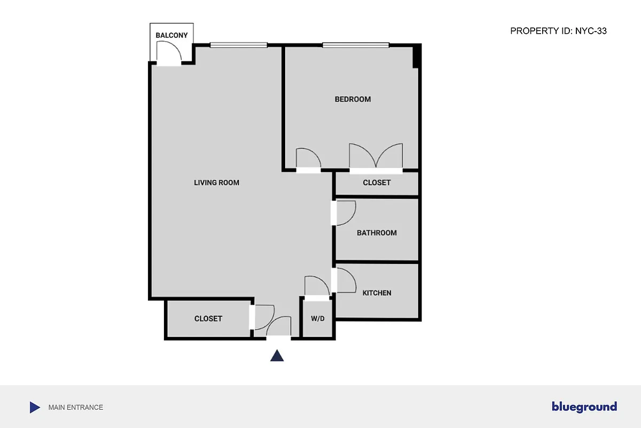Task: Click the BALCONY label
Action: coord(171,35)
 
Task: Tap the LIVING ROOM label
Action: coord(216,183)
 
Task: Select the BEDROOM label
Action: coord(353,99)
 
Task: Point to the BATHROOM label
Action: coord(377,233)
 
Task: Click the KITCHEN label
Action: coord(377,293)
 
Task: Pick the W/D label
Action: coord(318,319)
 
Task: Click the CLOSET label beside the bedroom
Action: coord(377,182)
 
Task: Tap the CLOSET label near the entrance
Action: coord(208,318)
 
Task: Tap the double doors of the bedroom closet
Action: coord(376,156)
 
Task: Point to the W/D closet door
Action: coord(315,286)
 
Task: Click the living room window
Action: coord(238,45)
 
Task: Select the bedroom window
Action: coord(355,45)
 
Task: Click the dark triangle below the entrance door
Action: coord(277,356)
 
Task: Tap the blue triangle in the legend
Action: coord(34,407)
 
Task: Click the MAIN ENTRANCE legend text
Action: coord(75,407)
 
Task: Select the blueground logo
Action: coord(584,407)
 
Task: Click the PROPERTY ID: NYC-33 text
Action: coord(558,31)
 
